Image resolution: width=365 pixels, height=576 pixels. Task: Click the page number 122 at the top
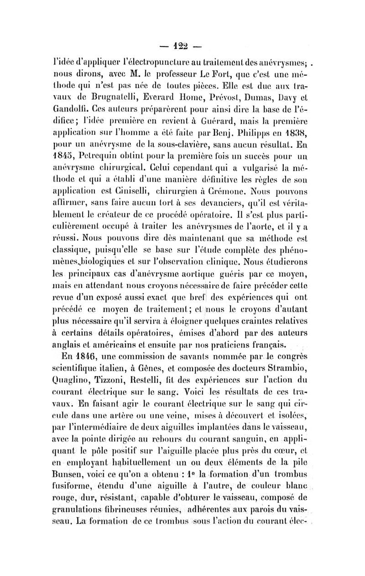click(x=182, y=46)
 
